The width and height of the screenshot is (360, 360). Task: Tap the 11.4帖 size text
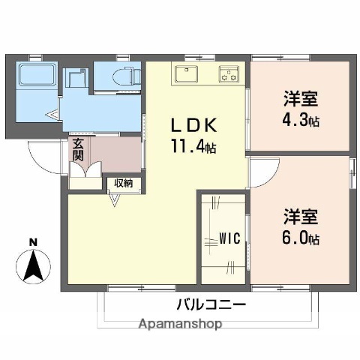point(193,148)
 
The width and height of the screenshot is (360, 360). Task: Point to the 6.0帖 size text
point(301,239)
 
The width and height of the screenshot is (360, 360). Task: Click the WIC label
point(229,239)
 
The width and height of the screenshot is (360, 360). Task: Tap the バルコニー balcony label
point(211,305)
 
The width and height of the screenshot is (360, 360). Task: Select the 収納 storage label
point(124,183)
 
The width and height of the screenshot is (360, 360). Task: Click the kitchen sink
point(186,74)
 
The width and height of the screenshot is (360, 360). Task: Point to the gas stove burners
point(229,74)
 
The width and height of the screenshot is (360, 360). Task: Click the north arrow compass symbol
point(32,265)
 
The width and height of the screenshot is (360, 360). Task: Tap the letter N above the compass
point(32,241)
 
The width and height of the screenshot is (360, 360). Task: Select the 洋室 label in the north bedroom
point(301,99)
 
